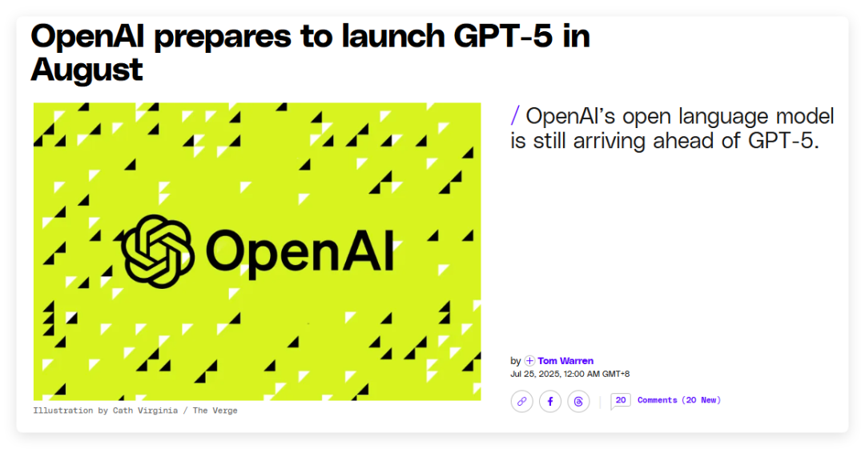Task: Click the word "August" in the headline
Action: pos(86,70)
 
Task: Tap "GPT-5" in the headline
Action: pos(502,36)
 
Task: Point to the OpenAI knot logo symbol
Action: pos(158,251)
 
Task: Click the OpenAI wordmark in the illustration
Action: pos(300,252)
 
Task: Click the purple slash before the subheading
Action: pos(515,116)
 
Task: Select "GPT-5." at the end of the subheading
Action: pos(783,141)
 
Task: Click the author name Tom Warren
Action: pos(565,361)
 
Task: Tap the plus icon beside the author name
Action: pos(529,361)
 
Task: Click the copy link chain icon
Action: pos(522,402)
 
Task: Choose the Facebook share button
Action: pos(550,402)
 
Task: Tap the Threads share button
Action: pos(578,402)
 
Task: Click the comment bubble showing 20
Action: pos(620,400)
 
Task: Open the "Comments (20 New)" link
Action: pos(679,400)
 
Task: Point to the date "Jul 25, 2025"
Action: pos(535,374)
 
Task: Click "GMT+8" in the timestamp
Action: pos(616,374)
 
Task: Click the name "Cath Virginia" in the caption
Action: pos(145,411)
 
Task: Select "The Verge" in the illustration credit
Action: pos(215,411)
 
